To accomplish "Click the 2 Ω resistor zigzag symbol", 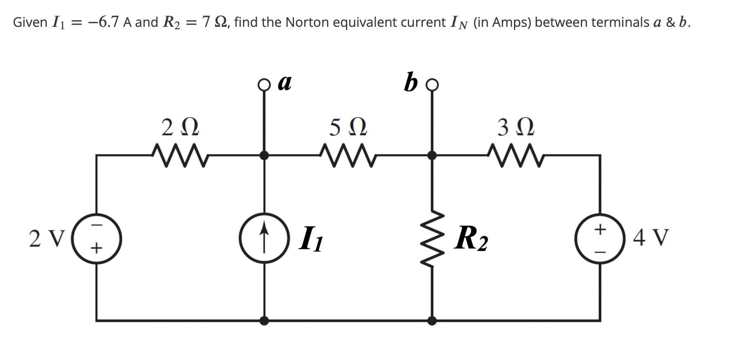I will (180, 155).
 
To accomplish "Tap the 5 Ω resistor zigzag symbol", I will (348, 155).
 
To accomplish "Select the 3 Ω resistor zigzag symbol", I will (516, 155).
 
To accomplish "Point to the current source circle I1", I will (264, 238).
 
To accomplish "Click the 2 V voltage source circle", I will (97, 238).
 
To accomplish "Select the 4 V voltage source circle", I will (600, 238).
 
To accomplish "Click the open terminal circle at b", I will (432, 85).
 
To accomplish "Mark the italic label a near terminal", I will (284, 82).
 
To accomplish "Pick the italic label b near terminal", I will (410, 82).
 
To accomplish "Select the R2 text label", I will (471, 239).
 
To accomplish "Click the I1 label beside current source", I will (311, 239).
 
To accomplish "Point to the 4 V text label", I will (651, 237).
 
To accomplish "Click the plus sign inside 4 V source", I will (600, 228).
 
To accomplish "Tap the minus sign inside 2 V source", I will (96, 225).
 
